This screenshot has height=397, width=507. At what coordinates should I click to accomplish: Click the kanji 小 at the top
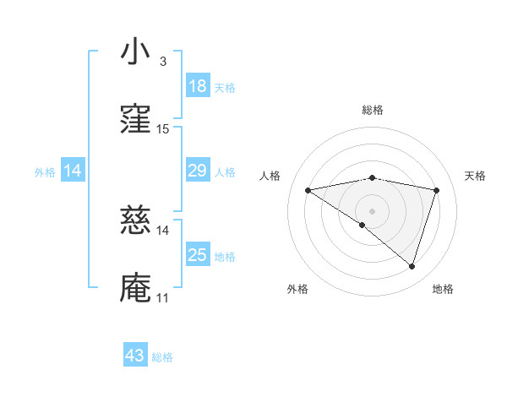135,53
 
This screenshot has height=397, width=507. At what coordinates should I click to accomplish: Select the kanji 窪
135,121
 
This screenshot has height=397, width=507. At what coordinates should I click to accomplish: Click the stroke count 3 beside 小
162,61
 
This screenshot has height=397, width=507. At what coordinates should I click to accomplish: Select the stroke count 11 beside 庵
163,298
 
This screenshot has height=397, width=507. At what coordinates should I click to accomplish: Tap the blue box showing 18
197,86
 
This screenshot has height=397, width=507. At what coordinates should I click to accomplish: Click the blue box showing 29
197,171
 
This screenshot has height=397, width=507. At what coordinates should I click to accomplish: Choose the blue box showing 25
197,256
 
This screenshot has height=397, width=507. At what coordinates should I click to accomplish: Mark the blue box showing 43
135,356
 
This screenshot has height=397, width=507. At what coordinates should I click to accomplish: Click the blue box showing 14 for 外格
73,171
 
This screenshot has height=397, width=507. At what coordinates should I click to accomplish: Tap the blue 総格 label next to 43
162,357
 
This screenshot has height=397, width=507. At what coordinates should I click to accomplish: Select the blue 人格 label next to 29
225,172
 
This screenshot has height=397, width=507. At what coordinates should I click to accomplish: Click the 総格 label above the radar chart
373,110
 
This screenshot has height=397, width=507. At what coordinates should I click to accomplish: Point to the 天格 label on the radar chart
475,176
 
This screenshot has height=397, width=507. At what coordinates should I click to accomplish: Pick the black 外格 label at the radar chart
297,289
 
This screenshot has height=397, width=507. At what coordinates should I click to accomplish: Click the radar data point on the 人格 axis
308,190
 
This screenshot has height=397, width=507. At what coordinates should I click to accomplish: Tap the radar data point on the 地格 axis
412,266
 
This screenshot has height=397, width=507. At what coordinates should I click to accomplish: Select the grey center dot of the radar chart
373,210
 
